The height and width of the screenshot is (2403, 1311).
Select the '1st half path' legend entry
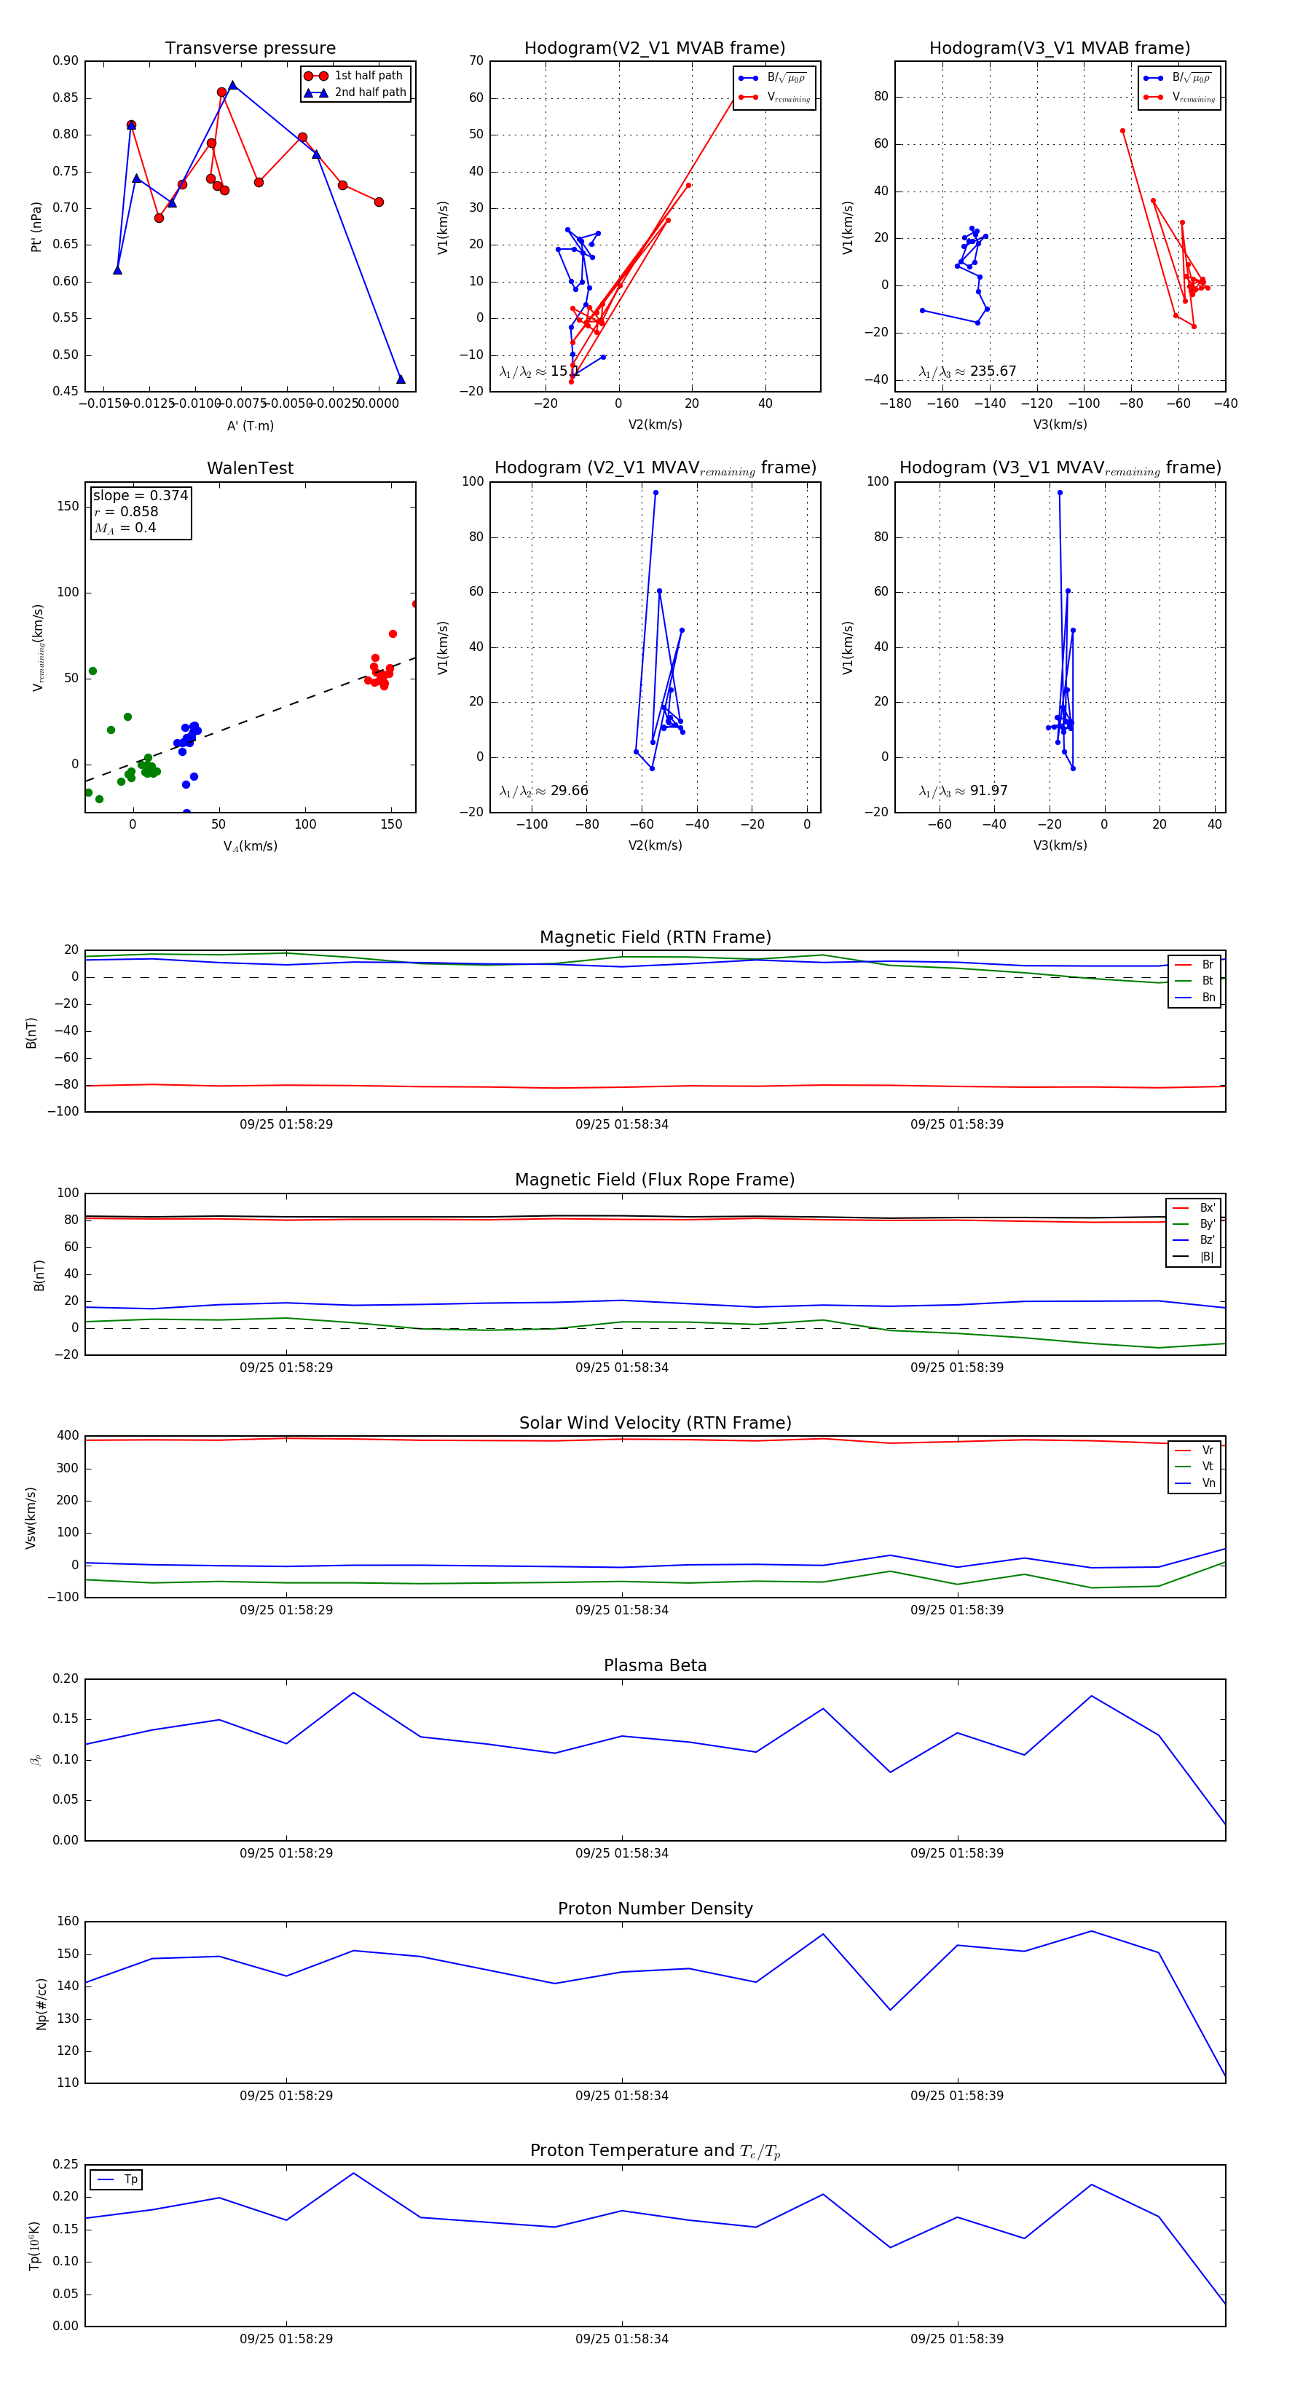tap(368, 76)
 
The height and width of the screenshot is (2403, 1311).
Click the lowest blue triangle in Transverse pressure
tap(401, 379)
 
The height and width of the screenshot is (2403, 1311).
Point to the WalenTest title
tap(250, 468)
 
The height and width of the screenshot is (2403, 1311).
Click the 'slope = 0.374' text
tap(140, 495)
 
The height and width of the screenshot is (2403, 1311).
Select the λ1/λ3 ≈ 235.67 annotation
tap(968, 371)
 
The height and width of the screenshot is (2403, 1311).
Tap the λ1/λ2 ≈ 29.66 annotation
tap(544, 791)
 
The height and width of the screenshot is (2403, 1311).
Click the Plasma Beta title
tap(655, 1665)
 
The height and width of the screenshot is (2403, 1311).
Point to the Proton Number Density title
tap(655, 1909)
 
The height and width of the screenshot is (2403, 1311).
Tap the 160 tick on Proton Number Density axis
tap(68, 1922)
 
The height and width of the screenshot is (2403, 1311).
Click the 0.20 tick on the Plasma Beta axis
tap(66, 1679)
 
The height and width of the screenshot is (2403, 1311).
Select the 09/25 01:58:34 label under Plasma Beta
tap(621, 1852)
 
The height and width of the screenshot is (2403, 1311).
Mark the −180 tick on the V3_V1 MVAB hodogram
tap(895, 404)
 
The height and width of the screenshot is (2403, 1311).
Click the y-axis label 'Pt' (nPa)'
tap(36, 226)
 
